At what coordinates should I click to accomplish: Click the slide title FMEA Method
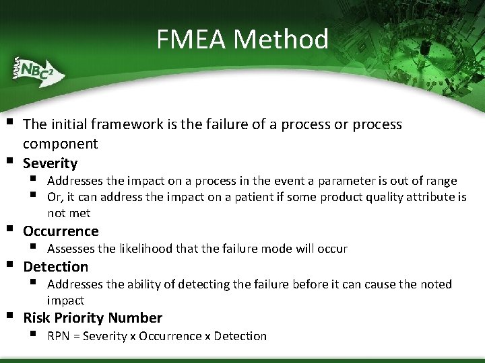pyautogui.click(x=243, y=40)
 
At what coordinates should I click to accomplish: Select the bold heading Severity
pyautogui.click(x=51, y=163)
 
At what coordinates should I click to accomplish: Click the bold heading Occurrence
pyautogui.click(x=61, y=231)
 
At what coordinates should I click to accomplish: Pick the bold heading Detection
pyautogui.click(x=56, y=267)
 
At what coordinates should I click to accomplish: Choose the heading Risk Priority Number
pyautogui.click(x=93, y=318)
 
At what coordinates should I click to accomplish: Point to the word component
pyautogui.click(x=60, y=144)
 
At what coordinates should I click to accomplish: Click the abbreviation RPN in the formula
pyautogui.click(x=59, y=336)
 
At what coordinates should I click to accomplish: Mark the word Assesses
pyautogui.click(x=71, y=249)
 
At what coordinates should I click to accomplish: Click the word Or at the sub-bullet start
pyautogui.click(x=55, y=197)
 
